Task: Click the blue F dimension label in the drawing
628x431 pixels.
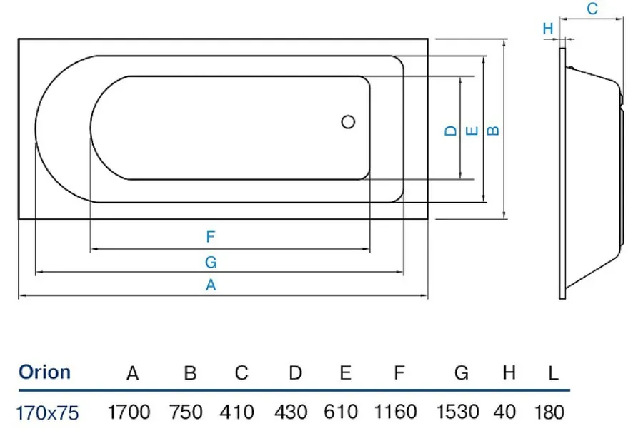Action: (x=211, y=237)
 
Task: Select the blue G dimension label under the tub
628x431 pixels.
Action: (x=211, y=262)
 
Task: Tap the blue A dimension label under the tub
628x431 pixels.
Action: (x=211, y=285)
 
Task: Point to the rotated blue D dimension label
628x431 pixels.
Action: (x=451, y=131)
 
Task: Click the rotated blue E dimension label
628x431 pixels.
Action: (x=472, y=131)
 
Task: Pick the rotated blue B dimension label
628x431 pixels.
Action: (x=494, y=131)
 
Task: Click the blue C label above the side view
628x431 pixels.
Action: (x=592, y=9)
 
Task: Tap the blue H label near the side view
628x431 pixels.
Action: (x=548, y=29)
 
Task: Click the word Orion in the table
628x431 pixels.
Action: (x=45, y=372)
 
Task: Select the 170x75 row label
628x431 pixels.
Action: (x=48, y=413)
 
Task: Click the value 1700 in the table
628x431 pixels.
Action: (x=129, y=412)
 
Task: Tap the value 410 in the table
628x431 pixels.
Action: (x=236, y=412)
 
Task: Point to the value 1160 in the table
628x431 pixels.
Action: (x=395, y=412)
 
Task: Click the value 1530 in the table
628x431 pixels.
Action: (x=457, y=412)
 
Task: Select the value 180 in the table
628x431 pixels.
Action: (x=549, y=412)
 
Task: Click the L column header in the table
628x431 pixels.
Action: (x=553, y=373)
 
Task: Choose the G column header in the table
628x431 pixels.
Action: (x=462, y=373)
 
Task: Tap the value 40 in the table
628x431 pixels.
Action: (x=504, y=412)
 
